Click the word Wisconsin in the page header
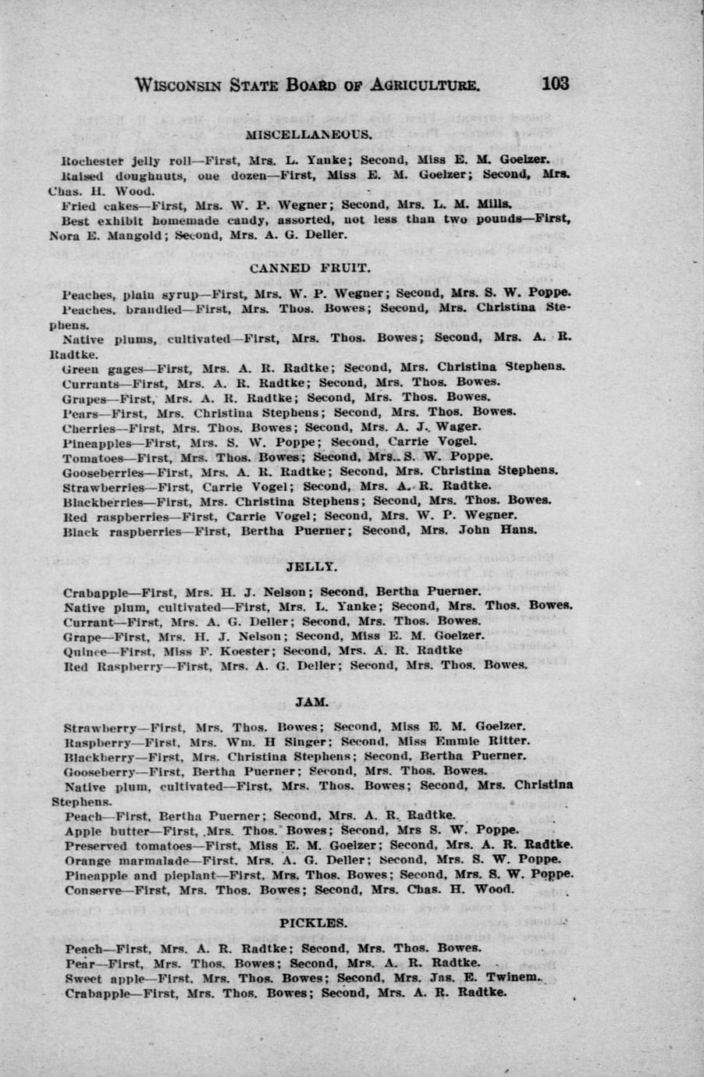point(179,85)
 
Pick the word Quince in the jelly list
point(84,650)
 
